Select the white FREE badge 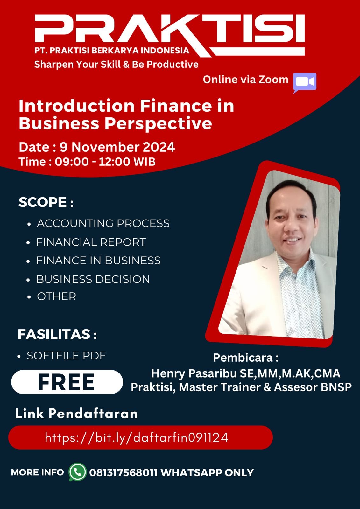click(67, 382)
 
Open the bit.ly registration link click(137, 437)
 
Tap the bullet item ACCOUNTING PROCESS click(103, 223)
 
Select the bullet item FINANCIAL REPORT click(91, 242)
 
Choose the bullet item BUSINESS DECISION click(93, 279)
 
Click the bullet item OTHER click(56, 296)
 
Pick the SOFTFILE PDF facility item click(67, 356)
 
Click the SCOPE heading click(46, 202)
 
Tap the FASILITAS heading click(57, 334)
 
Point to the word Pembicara click(243, 358)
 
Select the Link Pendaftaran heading click(76, 413)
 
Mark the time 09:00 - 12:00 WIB click(105, 162)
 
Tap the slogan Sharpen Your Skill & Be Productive click(116, 64)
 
